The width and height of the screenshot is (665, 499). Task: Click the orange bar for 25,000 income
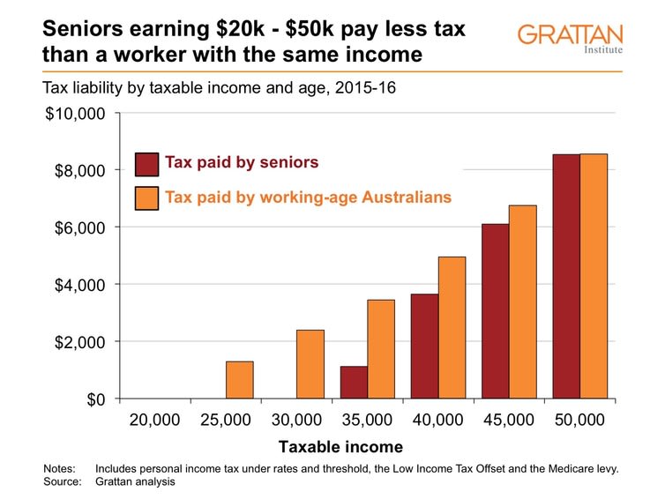tap(240, 380)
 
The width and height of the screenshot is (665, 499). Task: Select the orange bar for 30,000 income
tap(310, 364)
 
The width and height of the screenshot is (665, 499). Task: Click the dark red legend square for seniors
tap(146, 165)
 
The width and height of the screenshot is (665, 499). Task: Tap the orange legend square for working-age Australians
tap(146, 198)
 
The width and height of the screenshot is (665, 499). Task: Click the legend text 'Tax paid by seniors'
tap(242, 162)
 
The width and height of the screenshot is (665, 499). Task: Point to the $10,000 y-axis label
tap(75, 114)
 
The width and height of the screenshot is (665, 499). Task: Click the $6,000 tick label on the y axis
tap(79, 227)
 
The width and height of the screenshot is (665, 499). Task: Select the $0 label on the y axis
tap(96, 399)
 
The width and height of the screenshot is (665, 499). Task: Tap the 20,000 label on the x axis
tap(155, 420)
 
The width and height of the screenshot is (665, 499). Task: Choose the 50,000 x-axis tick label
tap(579, 420)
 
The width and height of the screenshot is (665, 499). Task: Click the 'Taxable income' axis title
tap(340, 447)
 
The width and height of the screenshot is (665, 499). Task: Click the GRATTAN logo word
tap(570, 34)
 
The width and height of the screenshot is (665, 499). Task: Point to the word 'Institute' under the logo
tap(603, 49)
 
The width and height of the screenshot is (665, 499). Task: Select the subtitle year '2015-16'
tap(365, 88)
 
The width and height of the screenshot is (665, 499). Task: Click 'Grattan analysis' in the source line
tap(135, 481)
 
